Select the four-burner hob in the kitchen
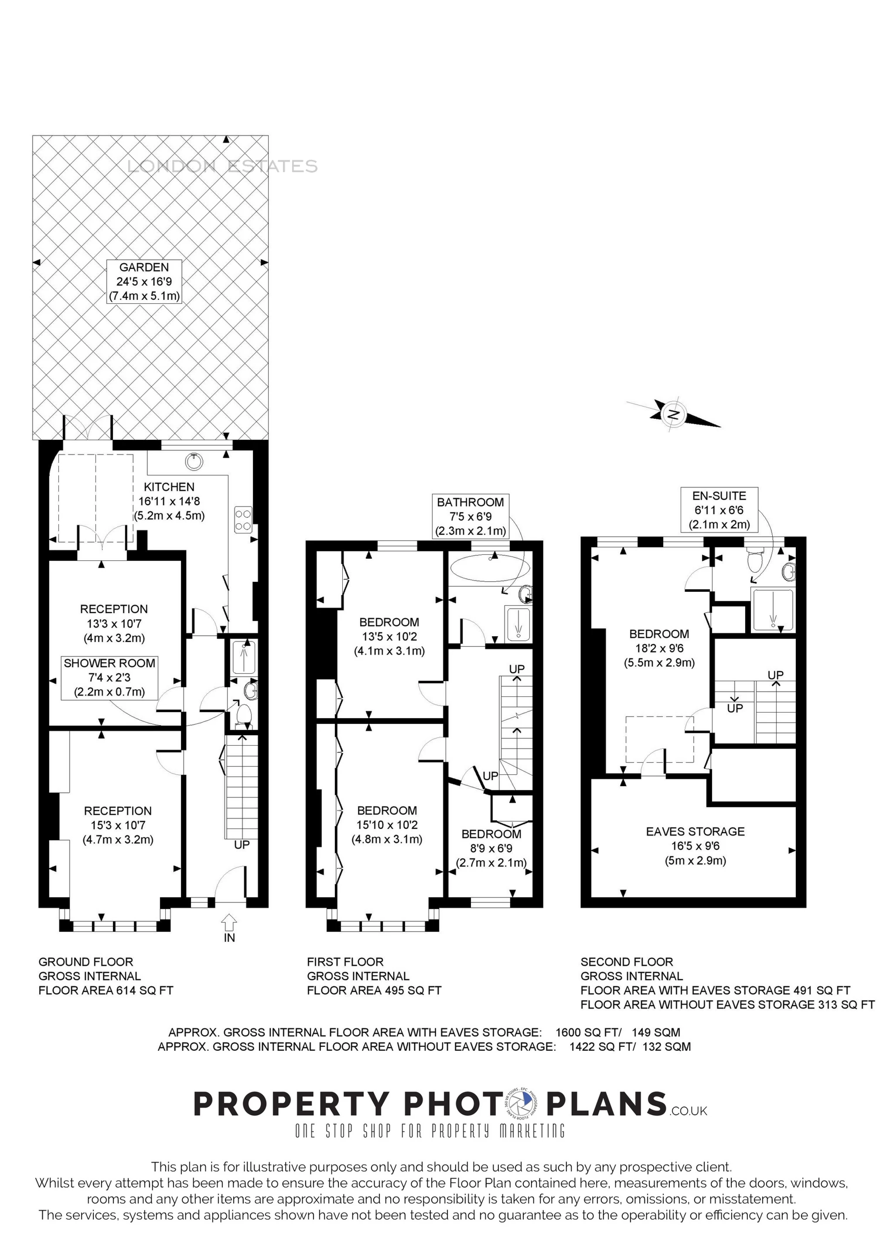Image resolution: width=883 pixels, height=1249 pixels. point(243,519)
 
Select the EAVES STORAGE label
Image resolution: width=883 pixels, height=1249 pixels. point(695,831)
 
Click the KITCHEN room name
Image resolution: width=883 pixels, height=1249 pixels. point(169,487)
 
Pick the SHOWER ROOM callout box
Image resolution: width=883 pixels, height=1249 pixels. point(109,677)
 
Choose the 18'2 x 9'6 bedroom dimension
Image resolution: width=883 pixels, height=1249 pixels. point(659,648)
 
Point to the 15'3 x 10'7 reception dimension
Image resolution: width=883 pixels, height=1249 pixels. point(118,825)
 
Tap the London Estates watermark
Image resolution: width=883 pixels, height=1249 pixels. point(222,166)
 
